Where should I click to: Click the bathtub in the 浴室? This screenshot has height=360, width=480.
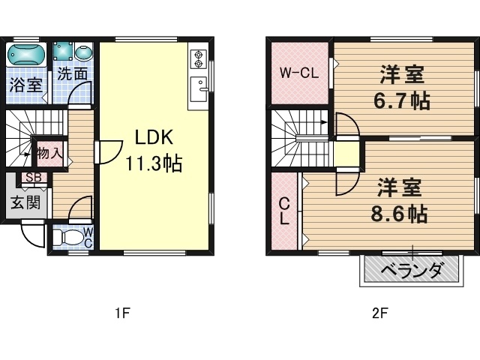[x=26, y=55]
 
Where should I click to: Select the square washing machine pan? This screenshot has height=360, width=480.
[x=63, y=51]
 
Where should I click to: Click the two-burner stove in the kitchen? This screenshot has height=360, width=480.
[x=199, y=59]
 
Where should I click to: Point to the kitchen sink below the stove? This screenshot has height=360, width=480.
[x=199, y=89]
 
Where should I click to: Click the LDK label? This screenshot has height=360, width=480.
[x=154, y=137]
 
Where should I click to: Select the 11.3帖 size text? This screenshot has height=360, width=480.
[x=154, y=163]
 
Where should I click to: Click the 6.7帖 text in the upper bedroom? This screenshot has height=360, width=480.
[x=402, y=100]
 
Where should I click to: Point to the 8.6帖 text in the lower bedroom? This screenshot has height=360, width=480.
[x=399, y=214]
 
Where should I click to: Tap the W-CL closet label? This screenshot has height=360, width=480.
[x=299, y=73]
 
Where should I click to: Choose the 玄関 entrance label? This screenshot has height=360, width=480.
[x=25, y=202]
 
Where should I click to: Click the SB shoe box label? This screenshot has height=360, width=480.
[x=34, y=178]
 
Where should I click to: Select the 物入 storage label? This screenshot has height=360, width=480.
[x=50, y=153]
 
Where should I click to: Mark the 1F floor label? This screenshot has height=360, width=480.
[x=123, y=313]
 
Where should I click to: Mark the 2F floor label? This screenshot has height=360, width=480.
[x=380, y=313]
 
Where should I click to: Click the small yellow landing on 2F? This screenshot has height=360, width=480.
[x=346, y=154]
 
